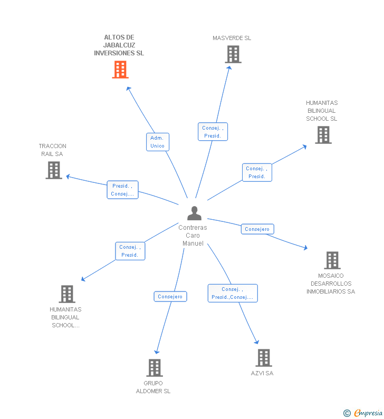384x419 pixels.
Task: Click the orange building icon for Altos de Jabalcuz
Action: click(x=120, y=70)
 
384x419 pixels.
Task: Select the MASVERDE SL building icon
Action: click(x=233, y=54)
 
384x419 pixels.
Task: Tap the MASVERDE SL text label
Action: click(x=232, y=38)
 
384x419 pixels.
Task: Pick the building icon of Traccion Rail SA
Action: click(x=54, y=170)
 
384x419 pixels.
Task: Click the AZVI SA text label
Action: click(x=262, y=373)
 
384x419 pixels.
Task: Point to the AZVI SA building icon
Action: click(x=264, y=358)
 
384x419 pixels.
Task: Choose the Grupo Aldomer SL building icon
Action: click(x=154, y=367)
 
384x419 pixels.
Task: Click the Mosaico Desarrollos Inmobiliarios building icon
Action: click(x=332, y=260)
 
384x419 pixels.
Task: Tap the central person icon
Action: click(x=194, y=213)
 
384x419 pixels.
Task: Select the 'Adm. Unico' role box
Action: click(x=157, y=142)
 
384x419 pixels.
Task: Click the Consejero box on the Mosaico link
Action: click(x=257, y=229)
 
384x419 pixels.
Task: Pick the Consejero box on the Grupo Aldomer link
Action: click(x=170, y=297)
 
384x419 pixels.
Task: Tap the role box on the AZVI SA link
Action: click(x=232, y=293)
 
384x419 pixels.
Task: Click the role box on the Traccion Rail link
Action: click(x=122, y=190)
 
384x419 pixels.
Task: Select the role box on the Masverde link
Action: click(x=213, y=132)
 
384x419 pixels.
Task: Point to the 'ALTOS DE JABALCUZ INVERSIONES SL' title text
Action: click(x=119, y=45)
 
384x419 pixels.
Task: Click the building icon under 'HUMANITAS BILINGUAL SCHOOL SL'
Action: click(x=323, y=135)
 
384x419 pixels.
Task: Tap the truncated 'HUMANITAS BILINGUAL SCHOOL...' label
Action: click(x=65, y=317)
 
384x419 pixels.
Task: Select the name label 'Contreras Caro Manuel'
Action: click(x=193, y=236)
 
